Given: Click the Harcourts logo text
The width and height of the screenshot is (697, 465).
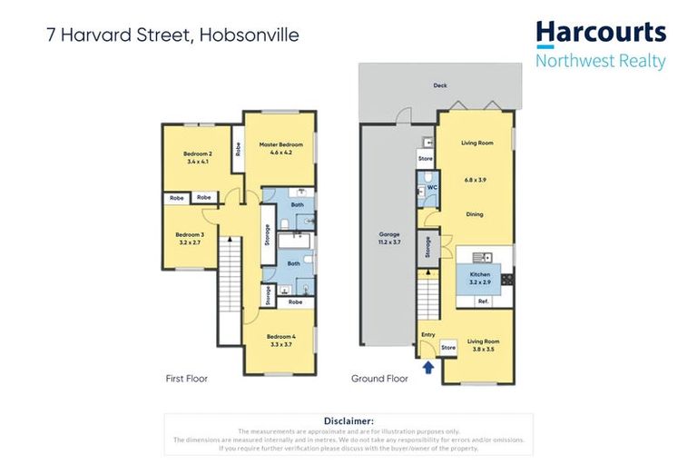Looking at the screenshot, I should (600, 34).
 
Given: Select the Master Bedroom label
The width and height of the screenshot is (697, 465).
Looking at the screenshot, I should (280, 148).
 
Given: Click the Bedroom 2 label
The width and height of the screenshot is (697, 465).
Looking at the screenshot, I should (197, 157).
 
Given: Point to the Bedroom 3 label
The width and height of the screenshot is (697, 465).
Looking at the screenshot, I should (190, 238).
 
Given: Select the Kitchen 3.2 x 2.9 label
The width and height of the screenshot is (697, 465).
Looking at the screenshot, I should (480, 278).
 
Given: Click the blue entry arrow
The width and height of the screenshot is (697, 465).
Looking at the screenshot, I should (427, 368).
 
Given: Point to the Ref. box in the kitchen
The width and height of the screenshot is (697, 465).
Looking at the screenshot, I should (483, 301).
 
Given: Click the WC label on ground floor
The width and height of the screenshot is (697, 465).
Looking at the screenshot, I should (432, 187).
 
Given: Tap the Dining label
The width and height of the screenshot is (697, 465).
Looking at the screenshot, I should (474, 214).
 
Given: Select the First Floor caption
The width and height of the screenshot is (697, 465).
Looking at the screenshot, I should (186, 378).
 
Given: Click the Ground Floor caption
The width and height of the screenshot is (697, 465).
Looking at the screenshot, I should (379, 378).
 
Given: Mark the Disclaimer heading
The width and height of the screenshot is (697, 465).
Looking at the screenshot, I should (348, 420).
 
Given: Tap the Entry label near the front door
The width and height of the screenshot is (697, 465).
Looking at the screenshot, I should (427, 334).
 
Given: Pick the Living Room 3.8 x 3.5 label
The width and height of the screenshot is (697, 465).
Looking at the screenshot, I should (483, 345).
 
